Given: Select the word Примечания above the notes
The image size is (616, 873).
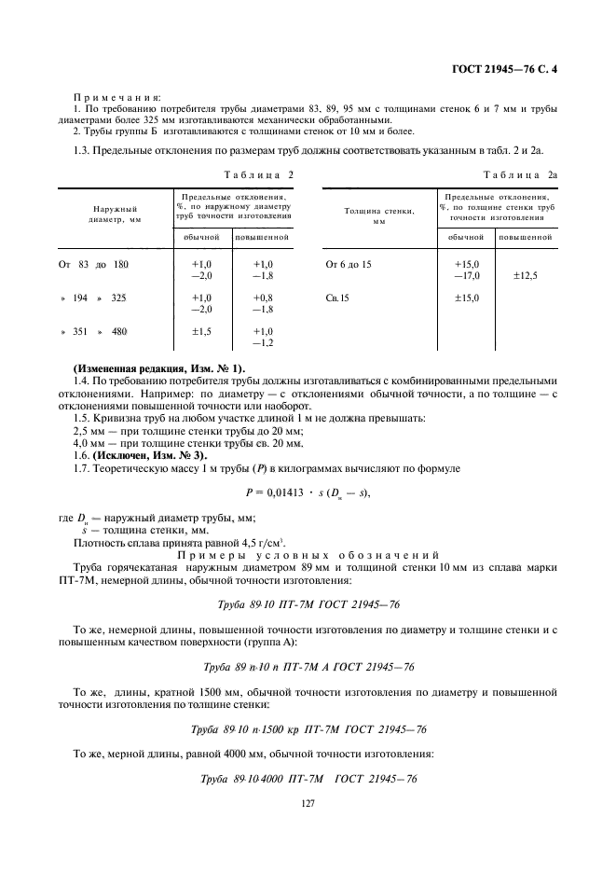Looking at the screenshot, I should [x=117, y=96].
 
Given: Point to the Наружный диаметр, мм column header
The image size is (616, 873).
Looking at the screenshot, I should [x=116, y=215].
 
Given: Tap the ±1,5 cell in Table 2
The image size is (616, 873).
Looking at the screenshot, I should [x=201, y=331].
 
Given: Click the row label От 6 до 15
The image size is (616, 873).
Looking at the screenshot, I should [x=349, y=264].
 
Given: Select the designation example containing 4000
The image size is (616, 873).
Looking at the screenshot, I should [x=308, y=779].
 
